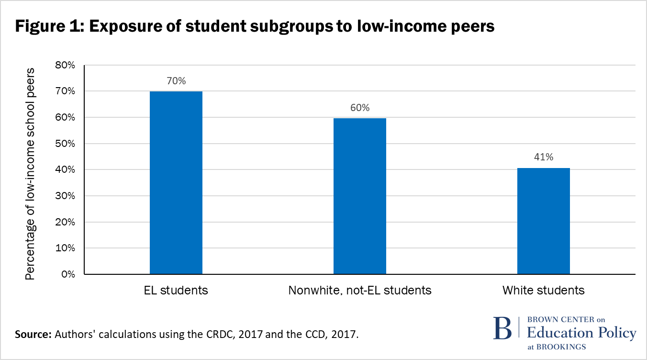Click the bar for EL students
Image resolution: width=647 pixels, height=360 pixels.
click(x=176, y=182)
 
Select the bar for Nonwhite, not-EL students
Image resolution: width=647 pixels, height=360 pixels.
click(x=360, y=196)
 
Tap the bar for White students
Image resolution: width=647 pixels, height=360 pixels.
click(x=544, y=221)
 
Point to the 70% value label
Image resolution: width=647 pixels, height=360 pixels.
click(x=176, y=81)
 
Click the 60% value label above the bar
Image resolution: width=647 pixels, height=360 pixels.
click(x=360, y=108)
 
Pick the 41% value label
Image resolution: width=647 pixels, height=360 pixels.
click(x=544, y=157)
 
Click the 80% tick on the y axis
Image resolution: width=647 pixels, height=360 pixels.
click(x=65, y=65)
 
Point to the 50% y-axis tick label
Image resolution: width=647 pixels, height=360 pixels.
click(x=65, y=144)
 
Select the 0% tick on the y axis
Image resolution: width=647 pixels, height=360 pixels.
click(x=67, y=274)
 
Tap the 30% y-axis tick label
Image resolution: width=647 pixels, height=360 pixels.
click(x=65, y=196)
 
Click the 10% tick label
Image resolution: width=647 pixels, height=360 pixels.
click(x=65, y=248)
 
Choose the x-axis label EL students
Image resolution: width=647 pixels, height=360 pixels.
click(x=176, y=290)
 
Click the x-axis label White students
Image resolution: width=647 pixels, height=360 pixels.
click(x=544, y=290)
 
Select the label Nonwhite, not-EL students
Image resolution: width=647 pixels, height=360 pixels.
click(x=360, y=290)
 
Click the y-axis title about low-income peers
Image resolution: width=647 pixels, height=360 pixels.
click(x=31, y=173)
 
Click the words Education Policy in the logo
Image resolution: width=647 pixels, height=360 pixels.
click(x=581, y=333)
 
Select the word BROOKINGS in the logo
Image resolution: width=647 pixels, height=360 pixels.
click(x=562, y=347)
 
